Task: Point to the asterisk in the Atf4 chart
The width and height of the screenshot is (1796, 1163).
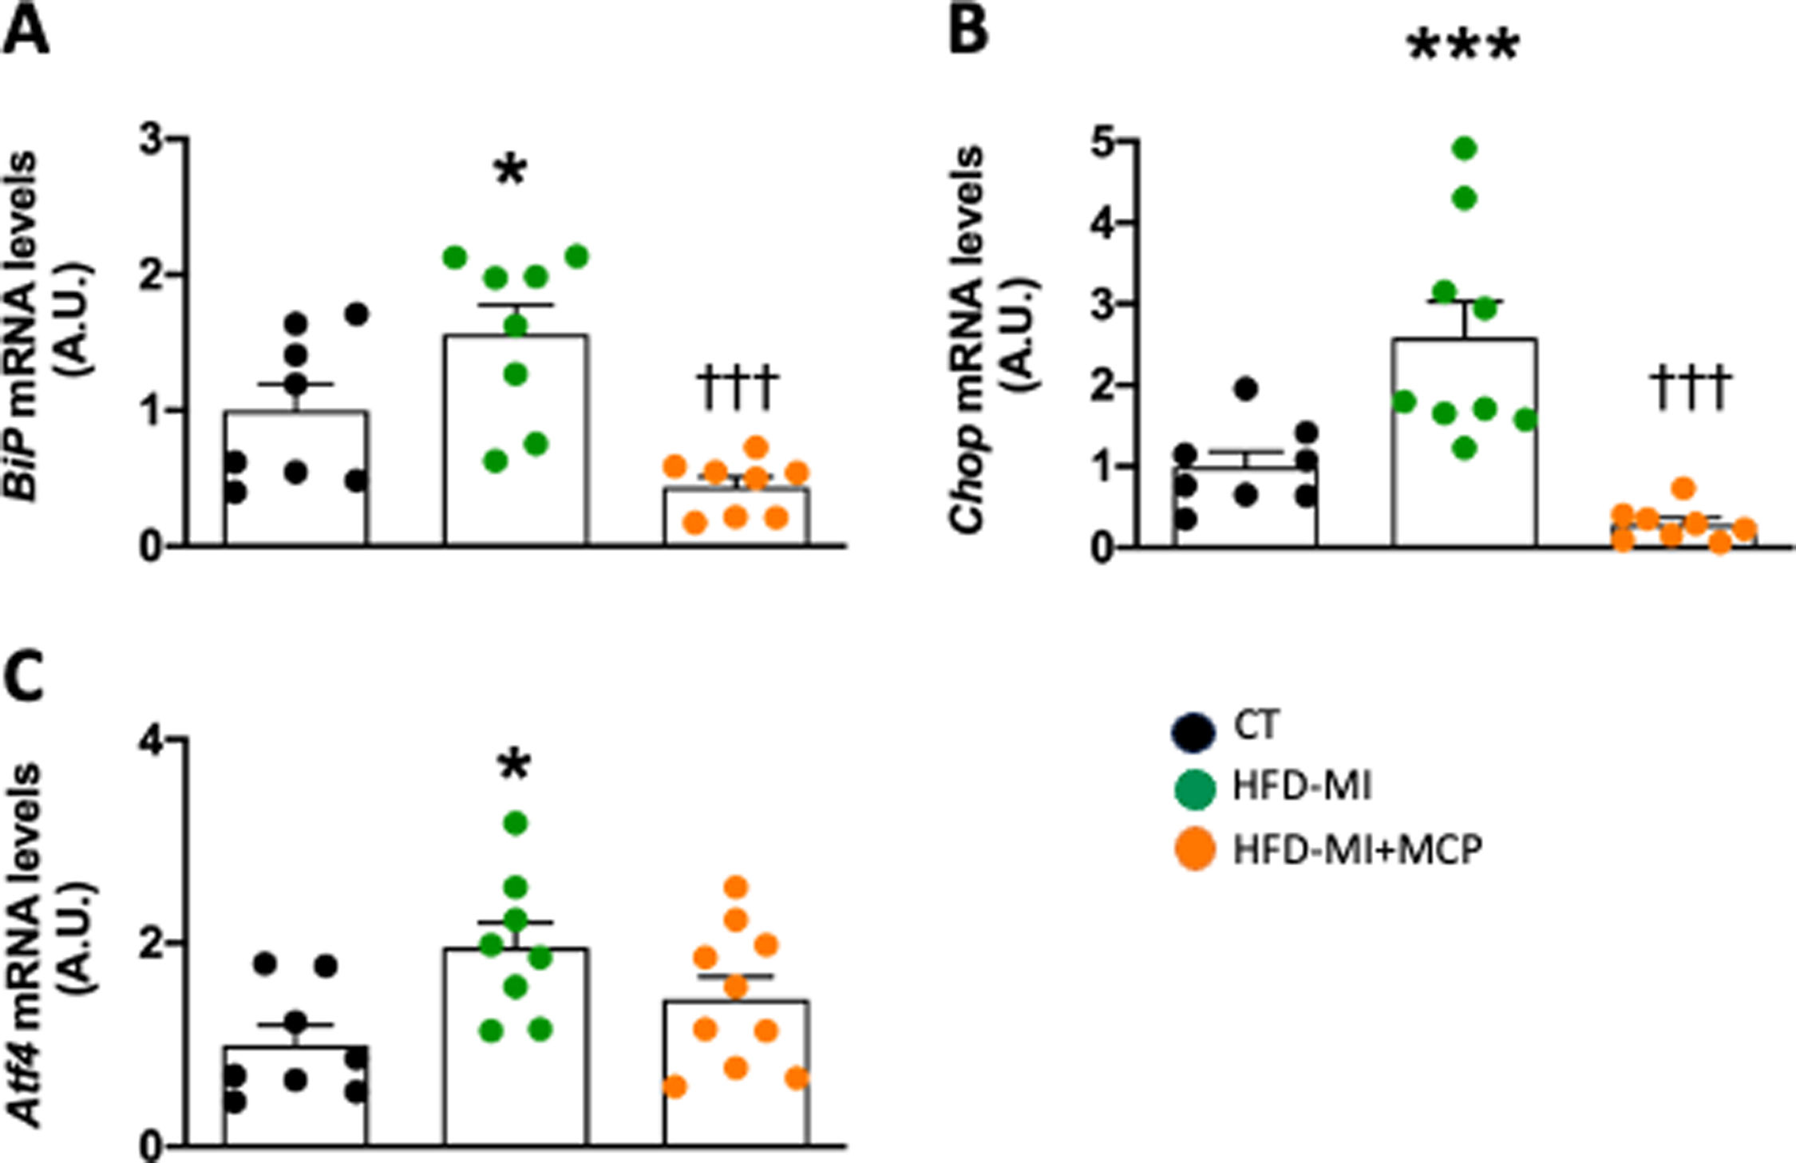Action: pyautogui.click(x=514, y=767)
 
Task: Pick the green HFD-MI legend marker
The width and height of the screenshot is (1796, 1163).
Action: pyautogui.click(x=1195, y=789)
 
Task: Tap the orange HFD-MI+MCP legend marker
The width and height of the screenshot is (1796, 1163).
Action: pyautogui.click(x=1195, y=849)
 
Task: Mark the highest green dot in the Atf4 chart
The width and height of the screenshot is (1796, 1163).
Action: pyautogui.click(x=516, y=823)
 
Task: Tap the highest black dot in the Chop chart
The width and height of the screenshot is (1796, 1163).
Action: pyautogui.click(x=1246, y=389)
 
